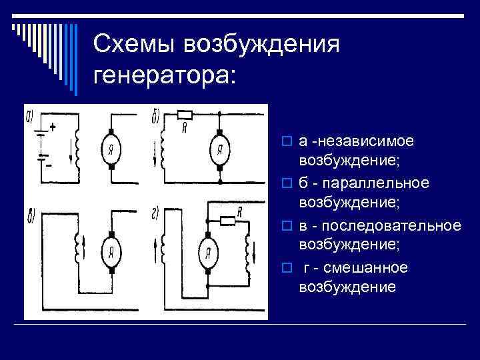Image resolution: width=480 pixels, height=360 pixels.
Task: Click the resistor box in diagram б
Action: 184,114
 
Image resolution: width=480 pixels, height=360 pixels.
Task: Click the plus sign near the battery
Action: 53,126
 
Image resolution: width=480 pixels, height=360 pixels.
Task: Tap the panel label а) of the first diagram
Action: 30,119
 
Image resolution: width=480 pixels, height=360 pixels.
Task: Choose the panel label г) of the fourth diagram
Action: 155,213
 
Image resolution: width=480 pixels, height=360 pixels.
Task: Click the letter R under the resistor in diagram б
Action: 184,127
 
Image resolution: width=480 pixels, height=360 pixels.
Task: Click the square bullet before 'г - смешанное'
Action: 286,268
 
